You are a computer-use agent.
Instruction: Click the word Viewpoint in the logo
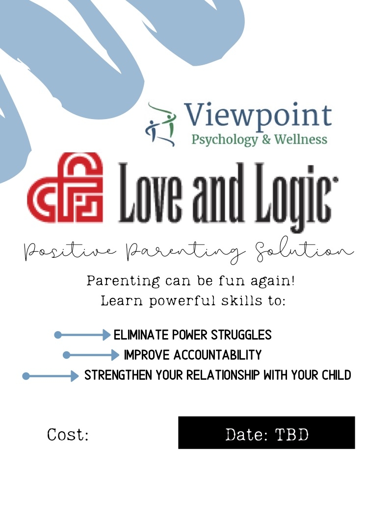[258, 116]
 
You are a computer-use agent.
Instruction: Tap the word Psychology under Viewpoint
[225, 140]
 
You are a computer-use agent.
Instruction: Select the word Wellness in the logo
[301, 139]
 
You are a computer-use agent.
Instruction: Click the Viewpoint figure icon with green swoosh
[160, 124]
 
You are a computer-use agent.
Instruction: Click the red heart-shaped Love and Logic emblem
[65, 187]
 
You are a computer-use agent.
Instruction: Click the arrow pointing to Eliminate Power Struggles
[82, 335]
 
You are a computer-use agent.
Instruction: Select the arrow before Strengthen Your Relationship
[50, 376]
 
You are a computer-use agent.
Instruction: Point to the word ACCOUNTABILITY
[217, 355]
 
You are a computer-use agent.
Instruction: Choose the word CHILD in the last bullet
[336, 375]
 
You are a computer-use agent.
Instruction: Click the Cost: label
[68, 435]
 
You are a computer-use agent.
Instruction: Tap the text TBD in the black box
[292, 435]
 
